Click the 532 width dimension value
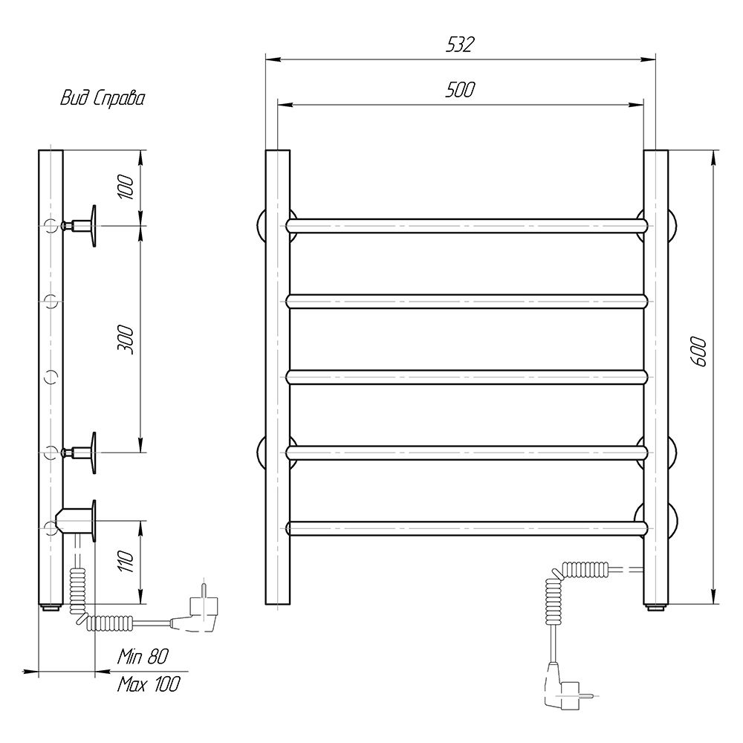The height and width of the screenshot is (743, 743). point(460,45)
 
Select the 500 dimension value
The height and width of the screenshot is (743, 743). point(460,90)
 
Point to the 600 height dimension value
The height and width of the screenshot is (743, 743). point(699,351)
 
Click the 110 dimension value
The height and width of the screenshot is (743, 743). point(126,561)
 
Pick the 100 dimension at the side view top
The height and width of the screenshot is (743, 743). point(126,186)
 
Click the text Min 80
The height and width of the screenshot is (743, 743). point(143,656)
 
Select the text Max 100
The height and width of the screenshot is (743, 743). point(149,684)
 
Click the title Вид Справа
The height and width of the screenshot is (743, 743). point(103,99)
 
